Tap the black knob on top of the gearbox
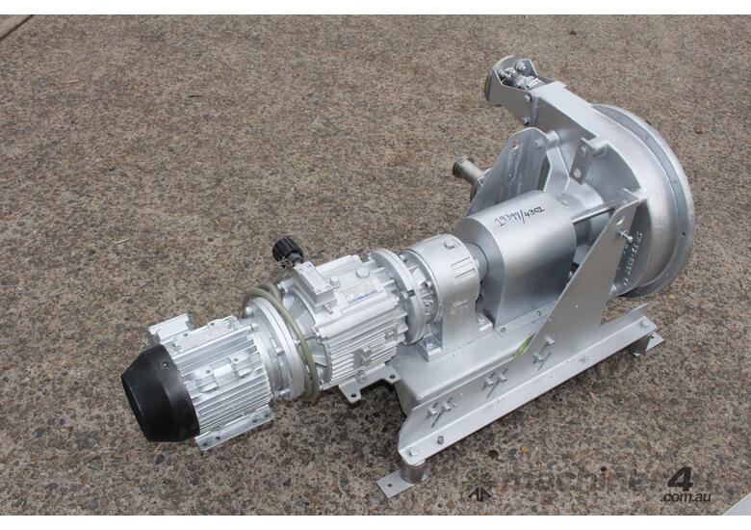[286, 252]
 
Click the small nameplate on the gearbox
[363, 301]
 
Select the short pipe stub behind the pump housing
[466, 172]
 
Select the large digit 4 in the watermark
[680, 479]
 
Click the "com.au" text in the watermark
[686, 497]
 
